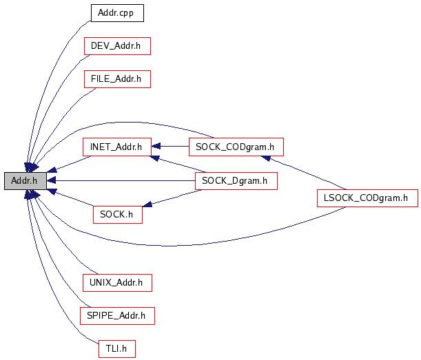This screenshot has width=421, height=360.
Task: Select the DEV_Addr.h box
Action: click(x=116, y=46)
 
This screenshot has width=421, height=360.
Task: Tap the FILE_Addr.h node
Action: click(x=116, y=79)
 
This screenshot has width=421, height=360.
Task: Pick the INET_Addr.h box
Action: click(x=116, y=147)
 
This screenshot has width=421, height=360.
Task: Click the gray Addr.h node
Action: click(x=25, y=180)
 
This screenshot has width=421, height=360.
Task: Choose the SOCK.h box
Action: click(x=117, y=214)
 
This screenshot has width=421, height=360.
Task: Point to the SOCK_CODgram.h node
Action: click(x=235, y=147)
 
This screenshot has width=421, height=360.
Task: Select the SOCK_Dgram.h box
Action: click(x=236, y=181)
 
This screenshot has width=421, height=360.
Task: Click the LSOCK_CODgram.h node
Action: click(x=367, y=198)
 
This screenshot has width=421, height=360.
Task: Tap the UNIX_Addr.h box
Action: click(x=116, y=282)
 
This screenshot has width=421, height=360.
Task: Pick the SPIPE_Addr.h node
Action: click(x=116, y=315)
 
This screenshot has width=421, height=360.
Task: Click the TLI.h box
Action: click(x=116, y=349)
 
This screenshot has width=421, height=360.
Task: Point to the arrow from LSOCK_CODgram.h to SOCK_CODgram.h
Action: click(x=303, y=172)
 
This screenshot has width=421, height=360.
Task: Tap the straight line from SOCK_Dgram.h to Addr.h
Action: click(x=124, y=180)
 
